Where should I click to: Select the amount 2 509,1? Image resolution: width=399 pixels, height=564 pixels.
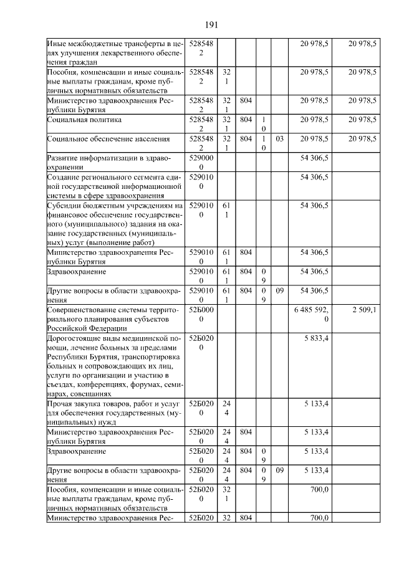click(x=363, y=310)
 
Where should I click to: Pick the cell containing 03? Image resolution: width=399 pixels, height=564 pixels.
click(x=279, y=139)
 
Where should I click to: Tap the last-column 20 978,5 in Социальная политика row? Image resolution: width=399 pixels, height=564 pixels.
click(x=363, y=119)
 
